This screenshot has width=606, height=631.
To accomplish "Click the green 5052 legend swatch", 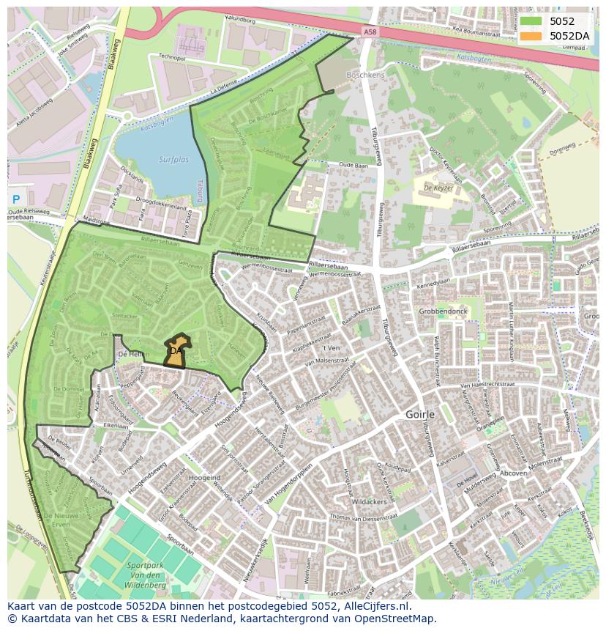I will tap(530, 21).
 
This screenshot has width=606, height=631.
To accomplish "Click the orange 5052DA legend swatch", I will tap(530, 36).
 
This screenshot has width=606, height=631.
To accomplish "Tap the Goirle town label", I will tap(421, 414).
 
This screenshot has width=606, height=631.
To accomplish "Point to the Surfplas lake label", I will tap(173, 159).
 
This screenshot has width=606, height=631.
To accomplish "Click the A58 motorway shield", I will tap(371, 31).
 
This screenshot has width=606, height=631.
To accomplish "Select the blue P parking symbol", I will tap(15, 199).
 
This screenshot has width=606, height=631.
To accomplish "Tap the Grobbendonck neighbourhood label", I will tap(443, 311).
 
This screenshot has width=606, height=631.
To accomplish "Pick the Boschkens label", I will tap(365, 75).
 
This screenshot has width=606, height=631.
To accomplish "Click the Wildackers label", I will tap(368, 503).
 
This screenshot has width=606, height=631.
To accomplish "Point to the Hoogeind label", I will tap(204, 477).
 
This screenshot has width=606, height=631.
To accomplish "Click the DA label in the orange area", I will tap(176, 351).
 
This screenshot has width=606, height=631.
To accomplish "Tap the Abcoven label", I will tap(513, 473).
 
